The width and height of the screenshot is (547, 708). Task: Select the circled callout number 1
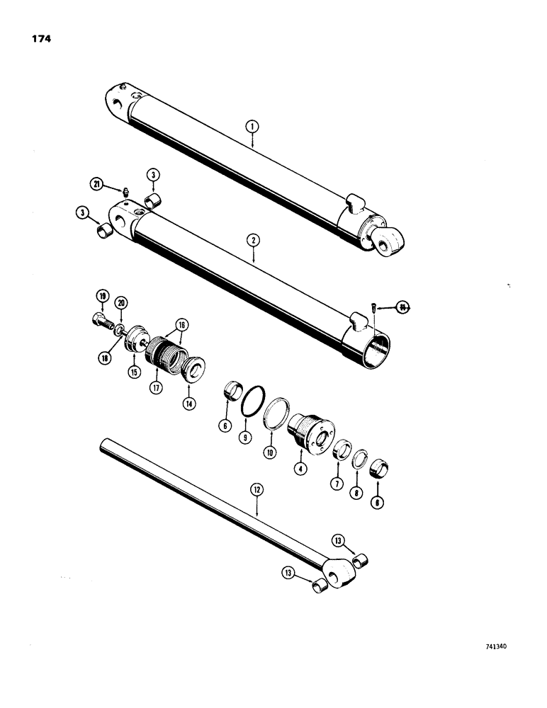pyautogui.click(x=252, y=127)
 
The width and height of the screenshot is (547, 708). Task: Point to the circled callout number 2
pyautogui.click(x=252, y=241)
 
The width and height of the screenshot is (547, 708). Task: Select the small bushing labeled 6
pyautogui.click(x=228, y=390)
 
